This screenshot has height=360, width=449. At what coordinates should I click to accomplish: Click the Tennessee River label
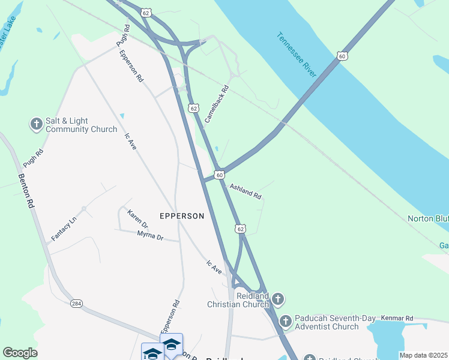(297, 54)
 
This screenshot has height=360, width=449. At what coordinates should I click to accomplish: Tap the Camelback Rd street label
(217, 104)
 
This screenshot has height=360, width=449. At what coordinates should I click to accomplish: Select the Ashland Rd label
(246, 191)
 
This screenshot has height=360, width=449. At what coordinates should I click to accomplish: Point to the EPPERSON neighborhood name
(182, 215)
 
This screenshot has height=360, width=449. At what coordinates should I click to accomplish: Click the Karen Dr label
(137, 218)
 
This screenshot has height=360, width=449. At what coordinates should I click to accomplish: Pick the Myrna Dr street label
(150, 235)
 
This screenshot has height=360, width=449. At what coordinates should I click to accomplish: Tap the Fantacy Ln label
(64, 229)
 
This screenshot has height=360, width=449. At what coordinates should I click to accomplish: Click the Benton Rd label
(26, 191)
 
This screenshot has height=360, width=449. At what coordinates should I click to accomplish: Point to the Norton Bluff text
(428, 218)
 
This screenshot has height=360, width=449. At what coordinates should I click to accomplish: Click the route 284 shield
(76, 304)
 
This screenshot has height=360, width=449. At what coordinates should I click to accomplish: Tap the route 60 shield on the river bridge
(342, 56)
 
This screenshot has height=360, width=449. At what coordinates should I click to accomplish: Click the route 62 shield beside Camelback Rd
(193, 108)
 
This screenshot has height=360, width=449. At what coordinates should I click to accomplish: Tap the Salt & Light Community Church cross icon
(36, 124)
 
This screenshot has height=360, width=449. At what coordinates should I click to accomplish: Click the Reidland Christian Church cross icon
(277, 298)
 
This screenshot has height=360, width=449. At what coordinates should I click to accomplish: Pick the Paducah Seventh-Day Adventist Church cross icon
(285, 322)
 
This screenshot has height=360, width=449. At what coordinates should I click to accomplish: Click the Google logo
(20, 353)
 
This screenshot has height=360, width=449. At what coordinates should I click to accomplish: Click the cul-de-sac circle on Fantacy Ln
(83, 209)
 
